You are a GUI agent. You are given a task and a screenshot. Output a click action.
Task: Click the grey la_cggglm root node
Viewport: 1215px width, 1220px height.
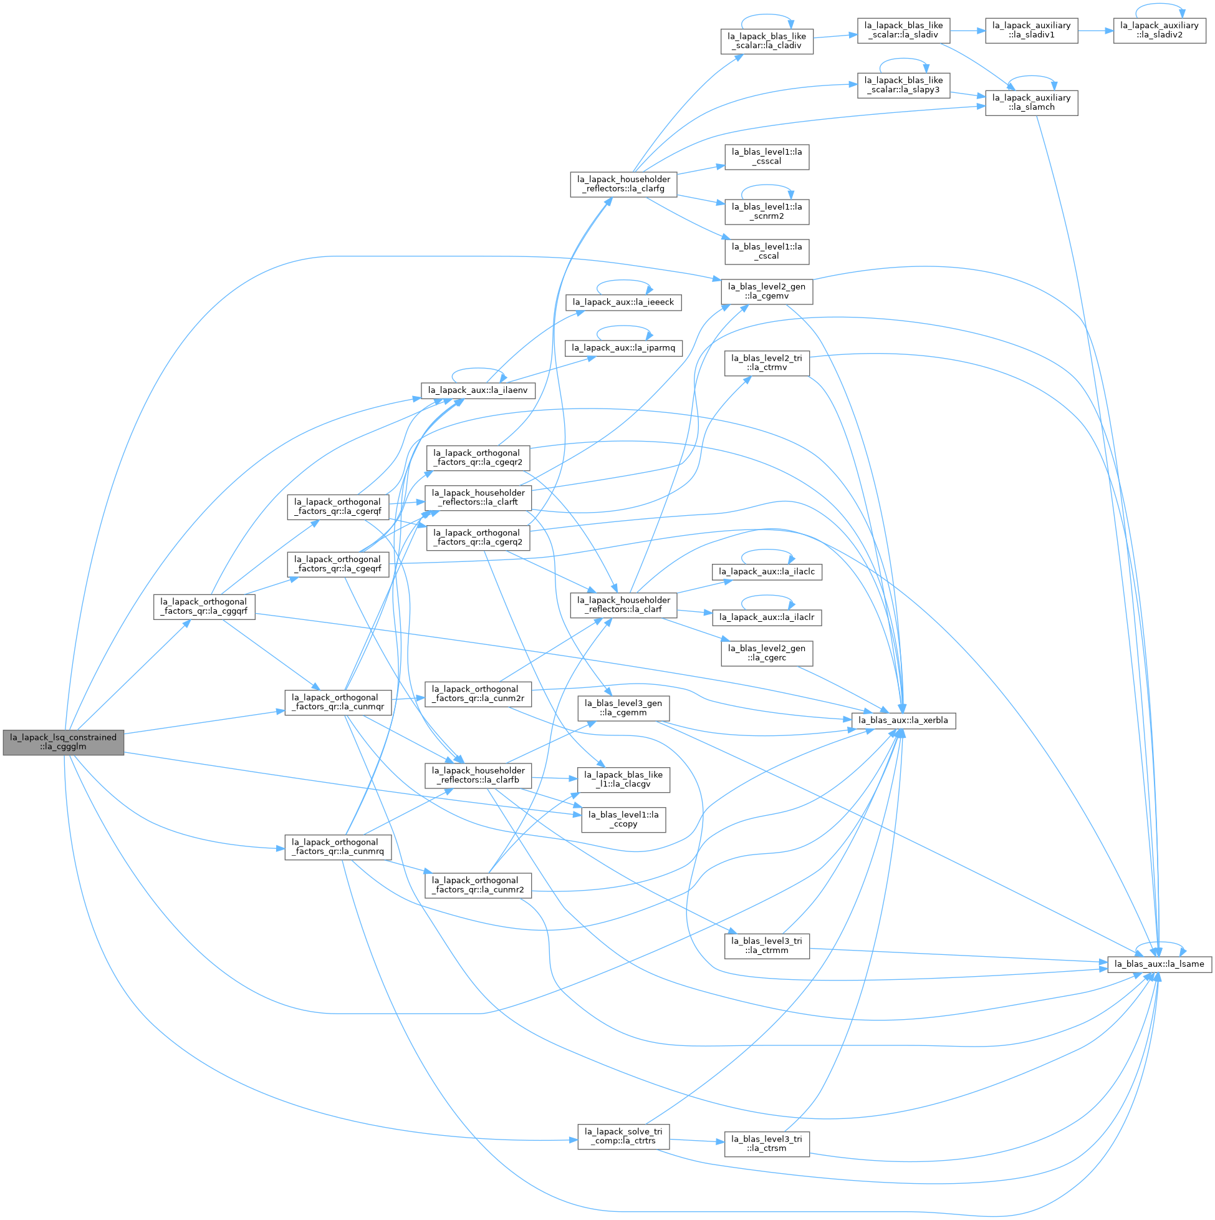click(x=63, y=742)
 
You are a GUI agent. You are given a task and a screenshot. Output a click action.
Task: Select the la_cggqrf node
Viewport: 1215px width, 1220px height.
click(x=204, y=607)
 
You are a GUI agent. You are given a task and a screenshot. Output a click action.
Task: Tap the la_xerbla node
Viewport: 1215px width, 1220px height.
click(x=903, y=720)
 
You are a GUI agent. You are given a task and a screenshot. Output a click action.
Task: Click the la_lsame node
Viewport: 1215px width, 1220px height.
click(x=1160, y=964)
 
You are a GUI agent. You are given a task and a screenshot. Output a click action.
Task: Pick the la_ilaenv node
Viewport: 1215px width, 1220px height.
click(x=478, y=391)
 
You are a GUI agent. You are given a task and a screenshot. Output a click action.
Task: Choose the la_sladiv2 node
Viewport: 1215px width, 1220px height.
click(x=1160, y=31)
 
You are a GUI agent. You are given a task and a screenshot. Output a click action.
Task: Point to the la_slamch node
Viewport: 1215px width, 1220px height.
click(x=1031, y=103)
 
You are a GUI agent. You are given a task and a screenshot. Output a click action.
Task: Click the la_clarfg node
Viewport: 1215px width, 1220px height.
click(x=623, y=185)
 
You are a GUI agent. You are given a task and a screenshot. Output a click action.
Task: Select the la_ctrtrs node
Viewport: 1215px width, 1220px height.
click(x=623, y=1136)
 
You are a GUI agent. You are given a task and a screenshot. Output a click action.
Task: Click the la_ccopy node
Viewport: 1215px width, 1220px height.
click(x=623, y=820)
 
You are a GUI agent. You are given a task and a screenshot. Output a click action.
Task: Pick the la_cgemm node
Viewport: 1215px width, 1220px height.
click(x=623, y=709)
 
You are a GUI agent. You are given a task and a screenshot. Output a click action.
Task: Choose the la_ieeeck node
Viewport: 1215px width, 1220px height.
click(x=623, y=303)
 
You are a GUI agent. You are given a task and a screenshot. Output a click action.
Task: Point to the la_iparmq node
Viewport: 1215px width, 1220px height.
click(x=623, y=348)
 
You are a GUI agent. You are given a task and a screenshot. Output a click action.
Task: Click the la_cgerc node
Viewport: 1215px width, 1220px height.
click(x=767, y=654)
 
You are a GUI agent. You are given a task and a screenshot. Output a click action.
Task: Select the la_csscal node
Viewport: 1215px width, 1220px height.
click(x=767, y=157)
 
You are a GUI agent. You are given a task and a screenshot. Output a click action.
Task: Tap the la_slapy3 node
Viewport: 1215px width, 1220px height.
click(x=903, y=85)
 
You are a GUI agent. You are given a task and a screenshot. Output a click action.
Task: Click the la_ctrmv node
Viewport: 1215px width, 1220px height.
click(x=767, y=363)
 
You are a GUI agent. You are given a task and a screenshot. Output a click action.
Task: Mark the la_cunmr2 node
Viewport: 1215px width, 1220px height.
click(x=478, y=886)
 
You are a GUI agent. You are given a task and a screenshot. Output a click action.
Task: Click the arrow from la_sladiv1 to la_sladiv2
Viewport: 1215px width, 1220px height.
click(x=1096, y=31)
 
